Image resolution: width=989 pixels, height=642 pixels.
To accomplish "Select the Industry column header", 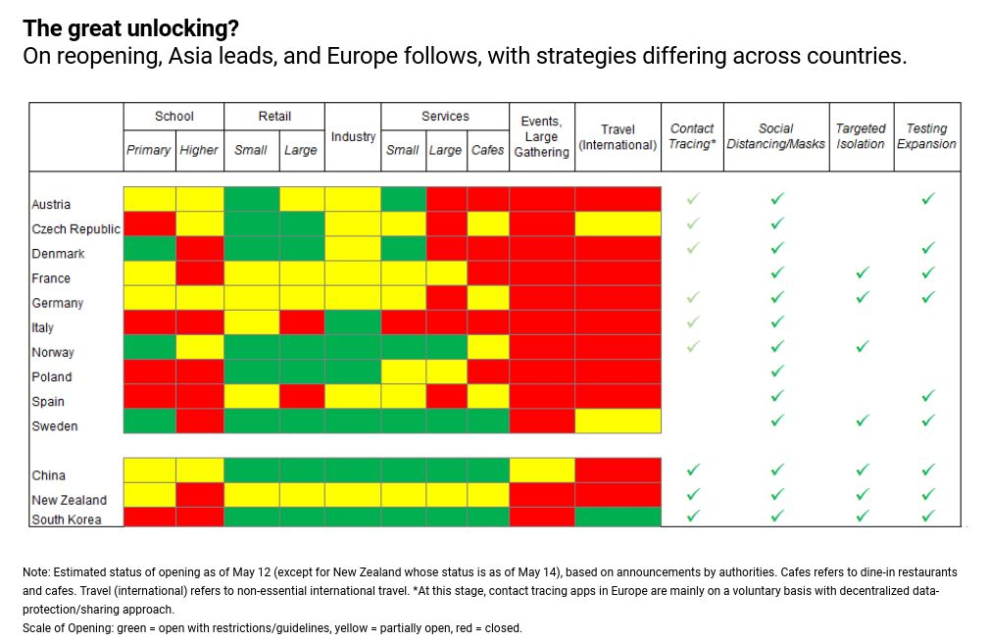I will [x=353, y=137].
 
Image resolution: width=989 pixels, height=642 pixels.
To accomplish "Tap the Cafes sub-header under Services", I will [x=487, y=150].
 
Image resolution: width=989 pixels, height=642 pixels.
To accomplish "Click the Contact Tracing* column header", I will [x=692, y=136].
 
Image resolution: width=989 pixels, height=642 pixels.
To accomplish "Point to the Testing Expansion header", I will [x=926, y=136].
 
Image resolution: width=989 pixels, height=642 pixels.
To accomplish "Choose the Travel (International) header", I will [x=618, y=137].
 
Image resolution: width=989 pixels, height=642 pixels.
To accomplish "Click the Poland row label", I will [x=52, y=376].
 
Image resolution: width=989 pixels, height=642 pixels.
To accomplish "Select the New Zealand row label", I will [x=69, y=500].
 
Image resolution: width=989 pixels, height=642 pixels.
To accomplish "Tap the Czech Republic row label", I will [x=75, y=229].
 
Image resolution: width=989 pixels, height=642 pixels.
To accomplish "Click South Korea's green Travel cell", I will [x=618, y=518].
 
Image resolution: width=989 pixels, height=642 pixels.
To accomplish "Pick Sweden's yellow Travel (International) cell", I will [x=618, y=421].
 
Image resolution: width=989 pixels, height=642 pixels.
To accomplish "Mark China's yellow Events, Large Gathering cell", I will [x=542, y=470].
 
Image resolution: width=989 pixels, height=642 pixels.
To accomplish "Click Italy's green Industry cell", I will [x=353, y=322].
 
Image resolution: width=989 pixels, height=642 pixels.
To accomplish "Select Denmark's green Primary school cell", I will [x=149, y=249].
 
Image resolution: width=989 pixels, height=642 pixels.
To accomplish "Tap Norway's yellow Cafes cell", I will [x=487, y=347].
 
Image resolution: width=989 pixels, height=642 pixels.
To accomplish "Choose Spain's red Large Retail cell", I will [x=301, y=396].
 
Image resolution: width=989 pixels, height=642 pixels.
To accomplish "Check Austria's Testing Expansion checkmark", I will [x=927, y=199].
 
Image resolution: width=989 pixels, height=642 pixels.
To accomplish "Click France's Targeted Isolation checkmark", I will [x=861, y=272].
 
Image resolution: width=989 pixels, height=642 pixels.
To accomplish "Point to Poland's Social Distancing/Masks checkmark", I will [x=776, y=371].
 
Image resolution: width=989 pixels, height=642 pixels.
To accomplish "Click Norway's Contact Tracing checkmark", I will [x=693, y=346].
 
